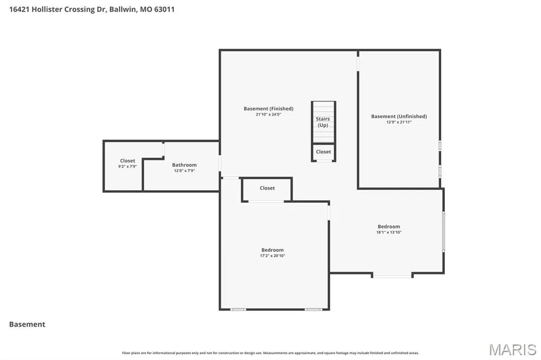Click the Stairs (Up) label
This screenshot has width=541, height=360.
click(x=323, y=122)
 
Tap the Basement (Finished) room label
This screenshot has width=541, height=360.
click(x=268, y=109)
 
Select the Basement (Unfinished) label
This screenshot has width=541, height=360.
click(x=399, y=117)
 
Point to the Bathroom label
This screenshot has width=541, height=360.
click(x=184, y=165)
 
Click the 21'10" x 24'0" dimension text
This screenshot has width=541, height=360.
click(x=268, y=115)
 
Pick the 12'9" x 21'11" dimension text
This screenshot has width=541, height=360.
click(x=399, y=122)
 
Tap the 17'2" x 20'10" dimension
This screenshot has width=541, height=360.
click(x=273, y=256)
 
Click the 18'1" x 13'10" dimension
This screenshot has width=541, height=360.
click(x=389, y=232)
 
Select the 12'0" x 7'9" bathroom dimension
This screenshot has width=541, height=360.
click(x=184, y=170)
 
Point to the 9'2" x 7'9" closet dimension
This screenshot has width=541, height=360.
click(x=128, y=167)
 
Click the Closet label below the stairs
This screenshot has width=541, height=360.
click(x=323, y=151)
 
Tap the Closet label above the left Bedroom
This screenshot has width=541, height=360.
click(x=267, y=188)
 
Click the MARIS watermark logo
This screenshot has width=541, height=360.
click(x=512, y=349)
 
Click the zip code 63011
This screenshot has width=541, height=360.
click(x=164, y=10)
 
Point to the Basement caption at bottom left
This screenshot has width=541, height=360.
click(x=27, y=324)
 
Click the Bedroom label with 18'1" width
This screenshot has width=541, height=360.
click(x=389, y=226)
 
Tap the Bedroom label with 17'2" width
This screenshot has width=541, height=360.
click(x=273, y=250)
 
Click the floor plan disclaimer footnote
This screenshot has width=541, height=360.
click(x=270, y=353)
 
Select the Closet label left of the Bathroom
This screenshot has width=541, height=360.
click(x=128, y=160)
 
